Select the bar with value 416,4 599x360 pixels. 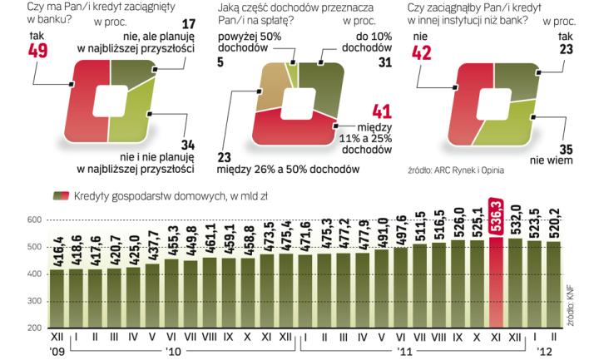[x=57, y=298]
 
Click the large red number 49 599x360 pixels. [x=37, y=52]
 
